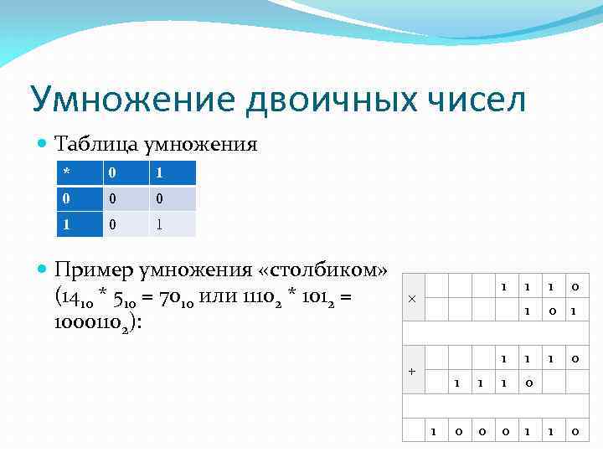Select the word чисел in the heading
click(x=477, y=100)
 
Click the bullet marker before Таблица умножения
click(x=44, y=145)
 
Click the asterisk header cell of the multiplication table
click(x=76, y=172)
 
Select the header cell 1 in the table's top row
click(x=173, y=172)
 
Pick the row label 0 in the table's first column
click(x=76, y=198)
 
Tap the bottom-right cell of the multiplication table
click(x=173, y=224)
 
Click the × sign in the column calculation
click(x=411, y=299)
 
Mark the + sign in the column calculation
click(x=411, y=370)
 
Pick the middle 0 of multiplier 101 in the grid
click(x=550, y=311)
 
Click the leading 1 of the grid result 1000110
click(x=433, y=432)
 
